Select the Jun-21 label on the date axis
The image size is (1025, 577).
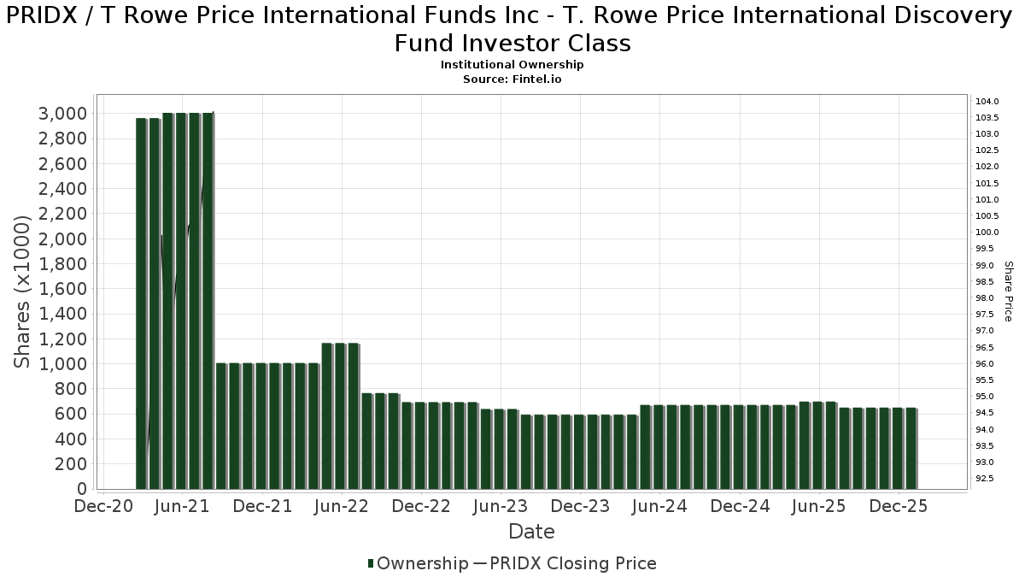183,506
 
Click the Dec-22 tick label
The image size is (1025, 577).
421,506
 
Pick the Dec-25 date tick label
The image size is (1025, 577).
899,506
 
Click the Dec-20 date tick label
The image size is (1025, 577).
103,506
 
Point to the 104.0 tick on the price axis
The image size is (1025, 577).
987,102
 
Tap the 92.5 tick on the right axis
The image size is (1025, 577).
987,479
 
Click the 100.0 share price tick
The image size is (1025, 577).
987,233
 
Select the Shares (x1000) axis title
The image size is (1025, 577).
23,291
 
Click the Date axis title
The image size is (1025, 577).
531,532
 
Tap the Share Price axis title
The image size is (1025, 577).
1008,291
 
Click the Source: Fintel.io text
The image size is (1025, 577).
512,79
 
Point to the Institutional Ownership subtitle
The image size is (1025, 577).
512,65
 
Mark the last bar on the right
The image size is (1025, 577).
911,448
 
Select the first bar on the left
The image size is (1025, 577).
142,303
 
